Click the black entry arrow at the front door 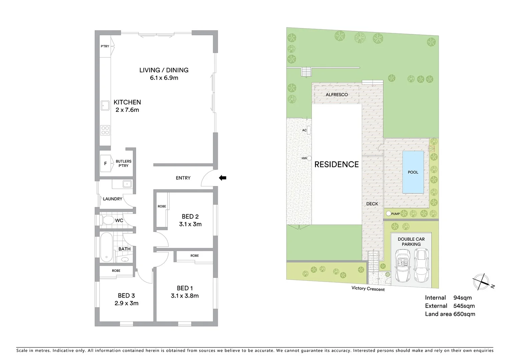click(x=222, y=178)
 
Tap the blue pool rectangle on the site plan click(x=413, y=172)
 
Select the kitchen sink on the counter click(x=106, y=105)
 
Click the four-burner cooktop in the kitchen click(x=105, y=130)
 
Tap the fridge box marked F click(x=106, y=163)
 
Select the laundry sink click(x=126, y=184)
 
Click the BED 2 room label click(x=190, y=216)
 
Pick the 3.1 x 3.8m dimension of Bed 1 click(x=184, y=296)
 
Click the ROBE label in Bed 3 click(x=116, y=271)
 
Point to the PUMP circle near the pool click(x=389, y=214)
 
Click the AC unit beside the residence click(x=309, y=130)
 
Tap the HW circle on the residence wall click(x=309, y=158)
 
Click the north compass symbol click(x=481, y=282)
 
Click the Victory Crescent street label click(x=368, y=289)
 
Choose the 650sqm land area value click(x=464, y=314)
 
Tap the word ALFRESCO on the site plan click(x=337, y=95)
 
